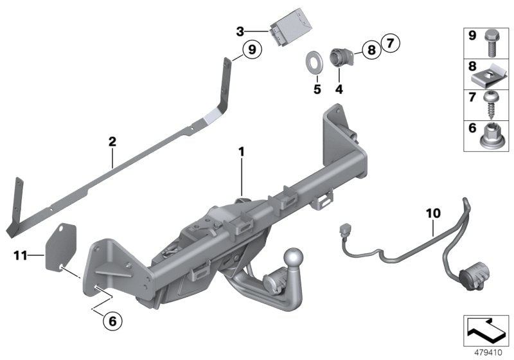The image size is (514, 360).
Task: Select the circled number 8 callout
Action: coord(371,50)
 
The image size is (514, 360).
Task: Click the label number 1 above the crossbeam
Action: coord(242,152)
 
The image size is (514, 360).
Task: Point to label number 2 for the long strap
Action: coord(112,141)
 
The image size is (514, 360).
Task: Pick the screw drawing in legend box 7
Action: coord(492,104)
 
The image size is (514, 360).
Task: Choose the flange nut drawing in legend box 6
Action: coord(492,135)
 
